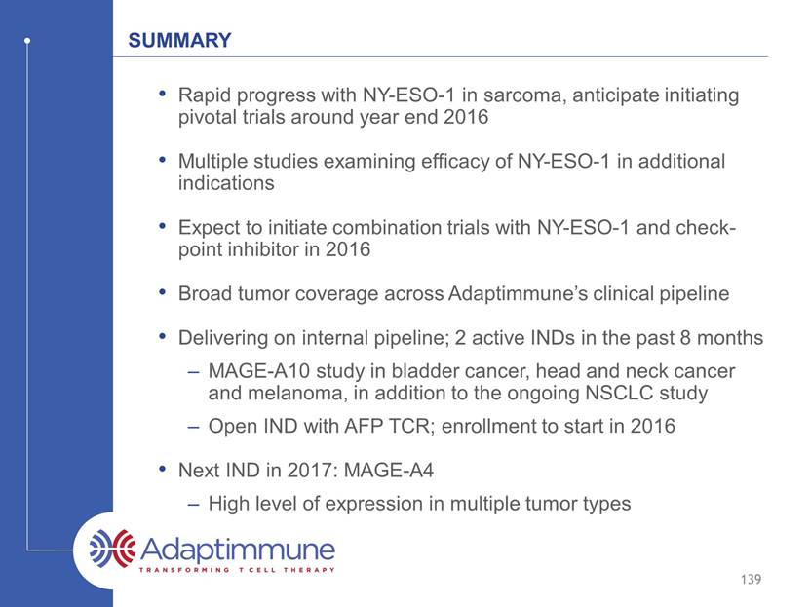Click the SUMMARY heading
(x=179, y=40)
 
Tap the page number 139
(x=751, y=579)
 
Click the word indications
(x=226, y=183)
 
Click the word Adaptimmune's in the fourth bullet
(x=518, y=293)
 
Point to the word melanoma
(x=295, y=393)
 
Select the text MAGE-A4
(x=389, y=471)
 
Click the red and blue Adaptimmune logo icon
(x=111, y=549)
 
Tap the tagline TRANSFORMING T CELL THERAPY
(x=237, y=570)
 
